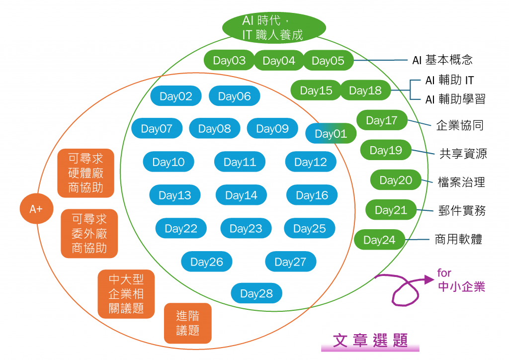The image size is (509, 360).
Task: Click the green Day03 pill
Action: [229, 61]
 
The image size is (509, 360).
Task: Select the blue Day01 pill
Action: [331, 134]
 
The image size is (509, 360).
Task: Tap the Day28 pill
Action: [256, 293]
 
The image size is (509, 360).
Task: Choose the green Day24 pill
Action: [379, 240]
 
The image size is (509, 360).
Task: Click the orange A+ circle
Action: [36, 209]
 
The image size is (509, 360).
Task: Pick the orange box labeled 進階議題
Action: [187, 323]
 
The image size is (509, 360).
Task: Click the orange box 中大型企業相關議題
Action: [126, 294]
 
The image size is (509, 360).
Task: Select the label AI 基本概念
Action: [442, 60]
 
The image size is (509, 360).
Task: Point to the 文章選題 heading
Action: [371, 341]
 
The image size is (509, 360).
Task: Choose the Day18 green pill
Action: [365, 90]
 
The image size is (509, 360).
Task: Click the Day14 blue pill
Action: [241, 195]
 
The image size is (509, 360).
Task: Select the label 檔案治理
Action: [461, 181]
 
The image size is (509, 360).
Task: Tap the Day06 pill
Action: [234, 96]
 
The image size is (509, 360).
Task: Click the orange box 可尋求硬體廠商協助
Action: [86, 173]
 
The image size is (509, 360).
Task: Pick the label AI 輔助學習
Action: [455, 99]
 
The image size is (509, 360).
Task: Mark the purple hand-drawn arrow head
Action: [428, 279]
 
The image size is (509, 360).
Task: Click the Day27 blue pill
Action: [290, 262]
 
